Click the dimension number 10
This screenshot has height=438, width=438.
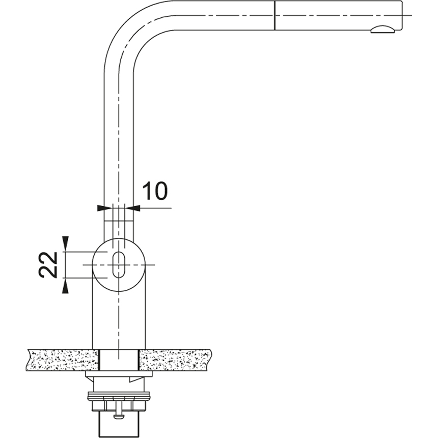154,191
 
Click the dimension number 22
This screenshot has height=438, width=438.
48,264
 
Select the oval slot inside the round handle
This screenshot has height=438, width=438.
118,264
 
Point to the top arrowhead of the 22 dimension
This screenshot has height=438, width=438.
65,244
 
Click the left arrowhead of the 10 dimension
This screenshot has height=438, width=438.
100,208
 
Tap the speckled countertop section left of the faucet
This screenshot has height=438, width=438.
61,360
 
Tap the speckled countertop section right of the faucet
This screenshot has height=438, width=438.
176,360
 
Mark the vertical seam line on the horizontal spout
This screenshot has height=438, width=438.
275,15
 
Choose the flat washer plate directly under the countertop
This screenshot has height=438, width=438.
118,375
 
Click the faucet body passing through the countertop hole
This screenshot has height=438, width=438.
118,360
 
